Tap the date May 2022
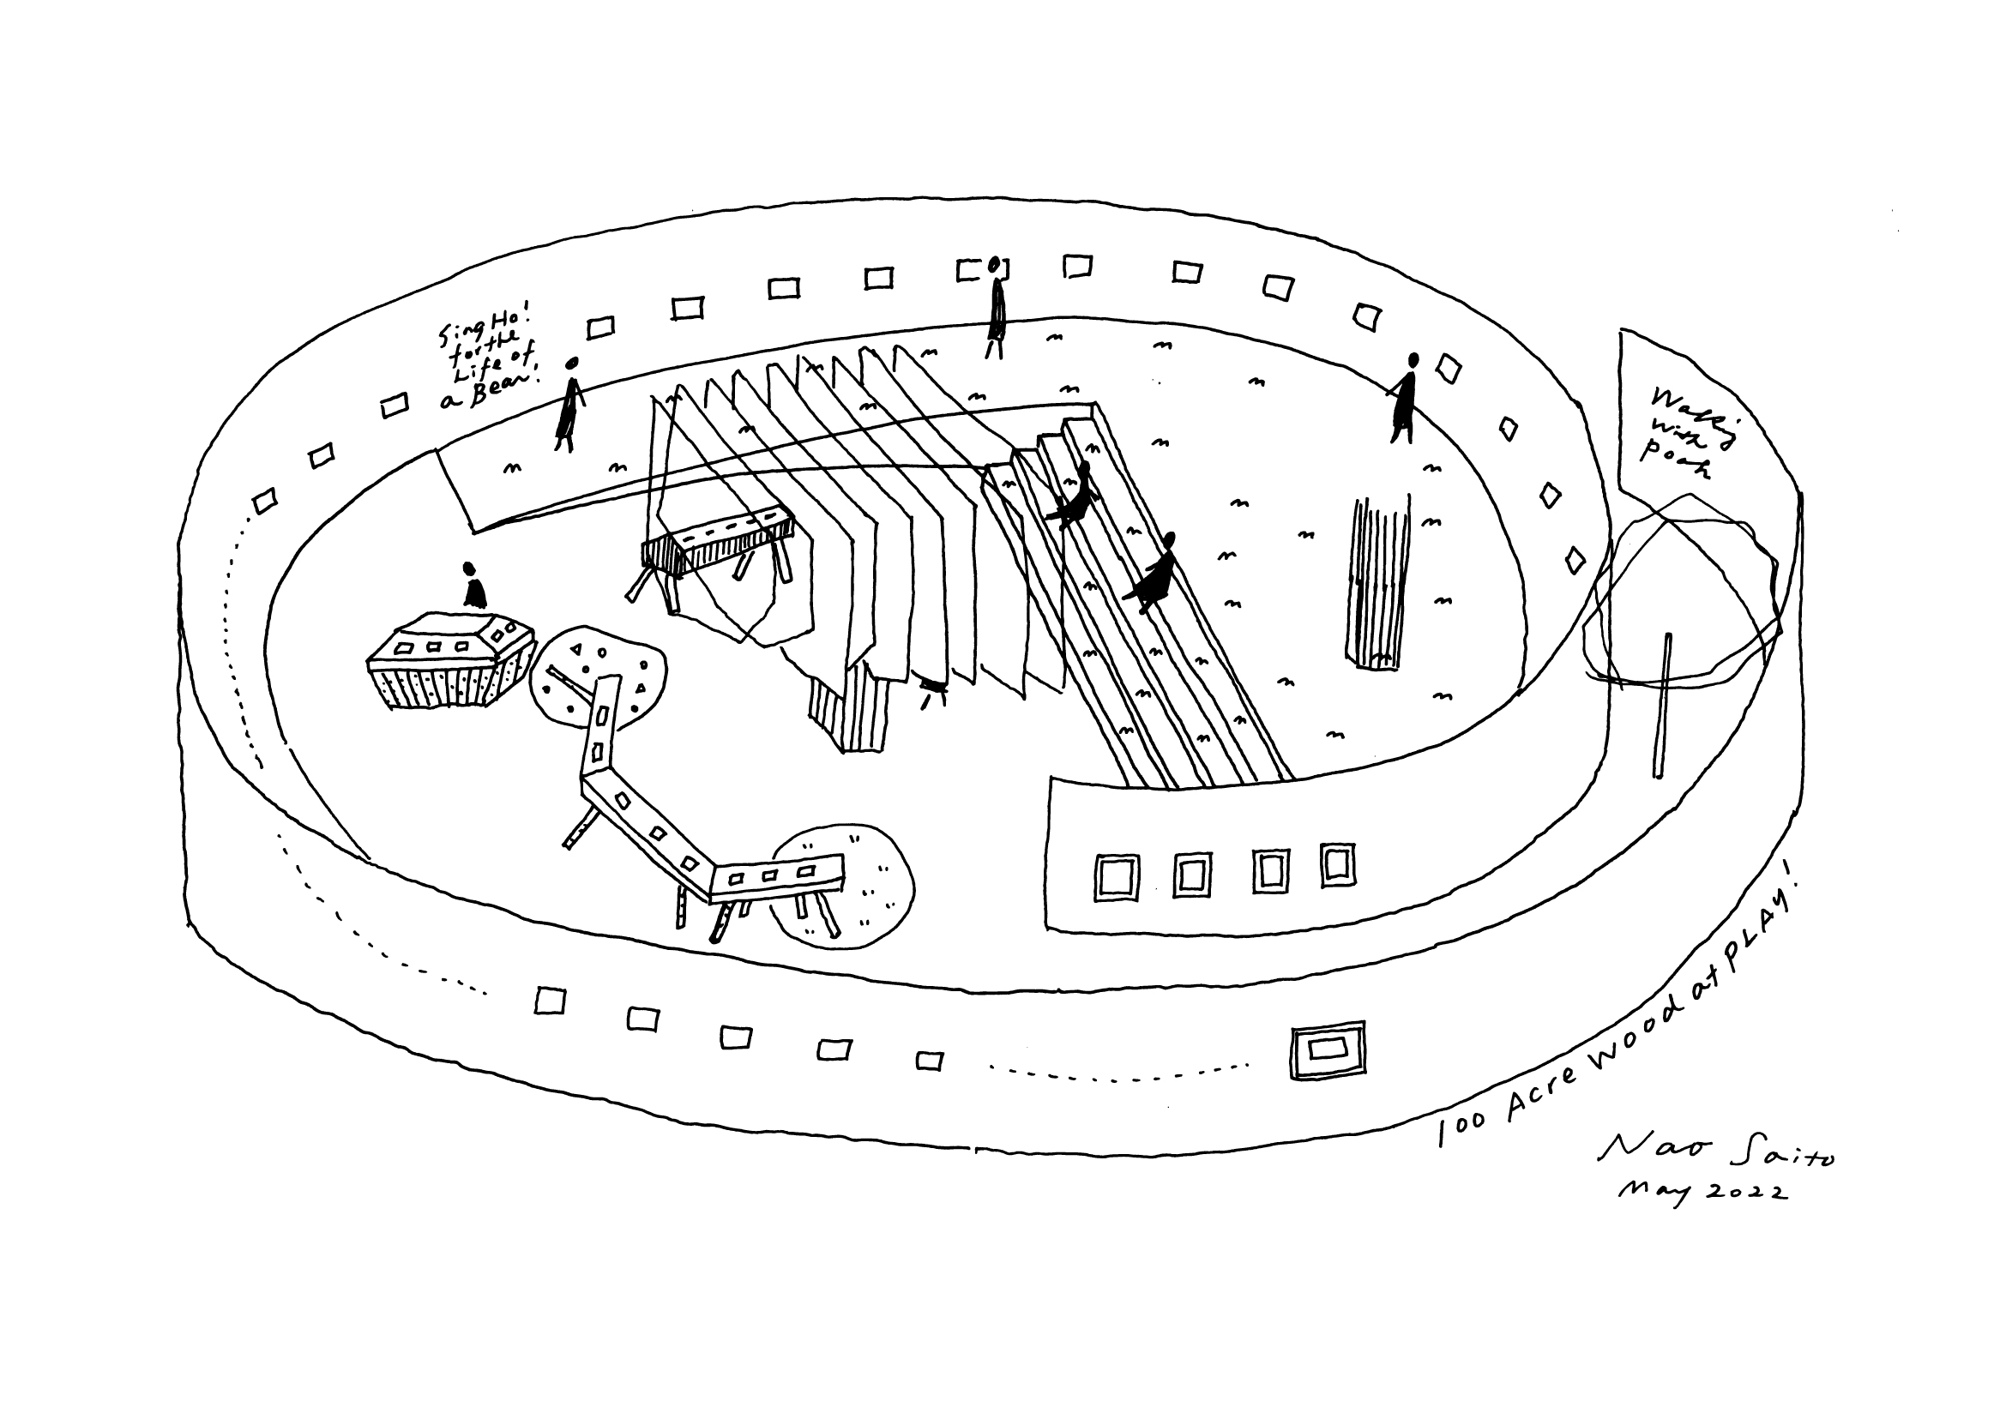click(x=1700, y=1194)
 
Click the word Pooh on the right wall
click(x=1674, y=460)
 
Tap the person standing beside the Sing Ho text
click(x=569, y=404)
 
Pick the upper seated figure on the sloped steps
click(x=1076, y=496)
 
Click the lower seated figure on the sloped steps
click(x=1154, y=573)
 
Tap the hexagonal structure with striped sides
click(x=449, y=659)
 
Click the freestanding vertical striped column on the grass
click(x=1379, y=582)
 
